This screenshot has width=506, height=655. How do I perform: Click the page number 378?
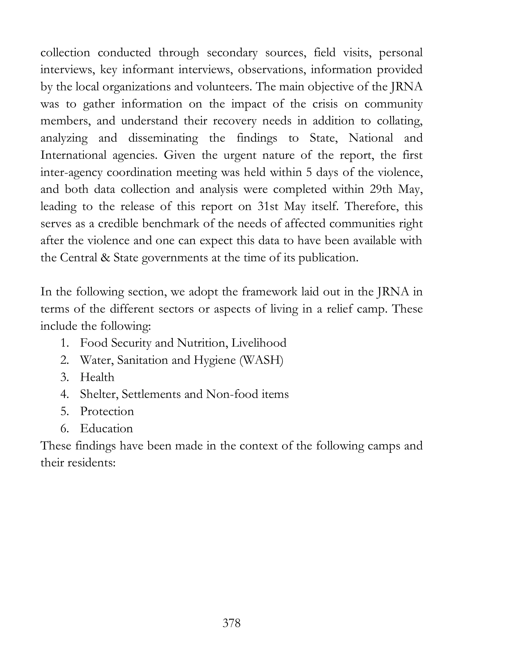coord(232,623)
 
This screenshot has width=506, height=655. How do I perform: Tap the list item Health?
coord(97,377)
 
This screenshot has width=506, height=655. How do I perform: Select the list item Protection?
coord(107,411)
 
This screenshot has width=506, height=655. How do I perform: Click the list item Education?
coord(106,428)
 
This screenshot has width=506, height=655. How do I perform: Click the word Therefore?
coord(372,207)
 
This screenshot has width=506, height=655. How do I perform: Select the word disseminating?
coord(163,138)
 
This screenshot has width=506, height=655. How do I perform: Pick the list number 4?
coord(64,394)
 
